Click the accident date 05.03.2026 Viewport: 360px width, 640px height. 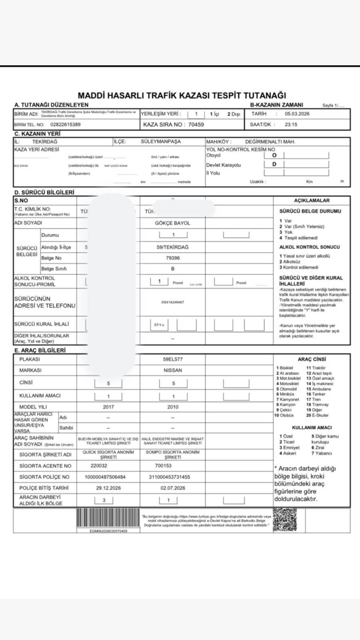tap(297, 114)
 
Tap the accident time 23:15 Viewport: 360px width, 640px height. tap(291, 124)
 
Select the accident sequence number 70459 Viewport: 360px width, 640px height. tap(196, 124)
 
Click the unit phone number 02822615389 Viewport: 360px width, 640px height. tap(65, 124)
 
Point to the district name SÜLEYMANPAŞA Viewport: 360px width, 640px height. tap(161, 142)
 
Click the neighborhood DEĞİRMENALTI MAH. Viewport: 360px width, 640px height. tap(270, 142)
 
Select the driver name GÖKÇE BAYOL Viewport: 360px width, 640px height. tap(172, 223)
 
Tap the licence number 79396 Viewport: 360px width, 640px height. tap(172, 258)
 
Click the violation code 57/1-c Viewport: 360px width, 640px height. tap(159, 325)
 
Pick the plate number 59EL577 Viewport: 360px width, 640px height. tap(173, 359)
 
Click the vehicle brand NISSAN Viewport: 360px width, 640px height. tap(173, 370)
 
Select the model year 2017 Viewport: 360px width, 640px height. tap(108, 407)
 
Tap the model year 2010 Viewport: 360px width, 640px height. tap(173, 407)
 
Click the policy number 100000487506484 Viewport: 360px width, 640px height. tap(105, 477)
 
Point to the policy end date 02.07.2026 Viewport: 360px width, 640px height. tap(173, 488)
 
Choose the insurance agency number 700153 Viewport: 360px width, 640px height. tap(163, 466)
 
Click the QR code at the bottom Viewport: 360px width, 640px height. tap(285, 520)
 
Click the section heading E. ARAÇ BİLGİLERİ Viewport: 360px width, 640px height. tap(40, 350)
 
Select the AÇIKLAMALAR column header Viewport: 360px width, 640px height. tap(312, 200)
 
